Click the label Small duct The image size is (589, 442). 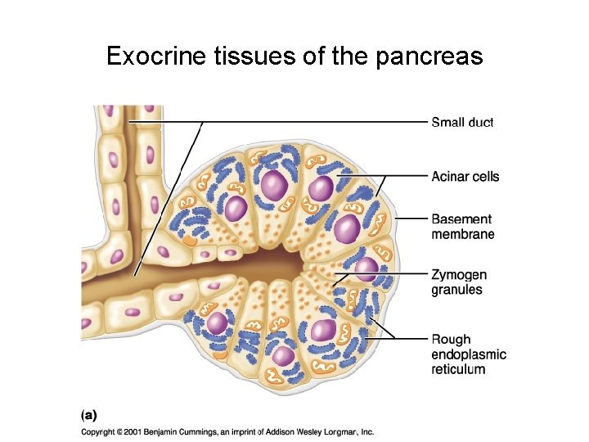coord(462,123)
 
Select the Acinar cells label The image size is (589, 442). coord(465,177)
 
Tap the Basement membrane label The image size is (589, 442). coord(462,227)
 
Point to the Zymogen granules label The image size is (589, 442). coord(459,282)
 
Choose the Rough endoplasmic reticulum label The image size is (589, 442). coord(469,354)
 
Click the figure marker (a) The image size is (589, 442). coord(88,414)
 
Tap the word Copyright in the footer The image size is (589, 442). coord(101,431)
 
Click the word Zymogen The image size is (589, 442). coord(459,274)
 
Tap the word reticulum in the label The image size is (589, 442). coord(458,369)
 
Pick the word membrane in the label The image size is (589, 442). coord(462,234)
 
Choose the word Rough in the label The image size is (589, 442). coord(451,340)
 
